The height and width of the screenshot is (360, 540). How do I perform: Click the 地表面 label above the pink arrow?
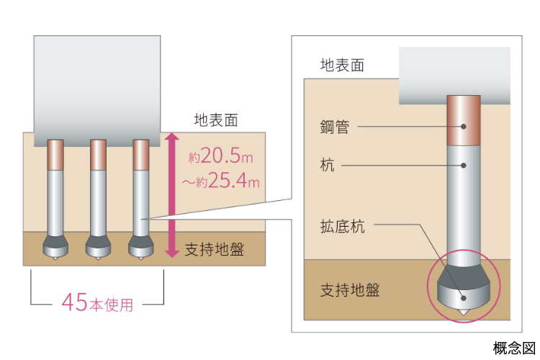tap(215, 120)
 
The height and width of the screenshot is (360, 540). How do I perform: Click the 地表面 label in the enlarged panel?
tap(342, 65)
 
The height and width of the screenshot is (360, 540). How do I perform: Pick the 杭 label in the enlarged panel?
tap(328, 166)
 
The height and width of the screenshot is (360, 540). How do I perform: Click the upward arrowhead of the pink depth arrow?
tap(171, 137)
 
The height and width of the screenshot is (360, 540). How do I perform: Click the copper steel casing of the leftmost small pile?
tap(55, 155)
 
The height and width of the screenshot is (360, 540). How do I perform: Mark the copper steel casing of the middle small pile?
tap(99, 155)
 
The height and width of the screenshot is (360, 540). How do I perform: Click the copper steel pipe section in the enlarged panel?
tap(464, 120)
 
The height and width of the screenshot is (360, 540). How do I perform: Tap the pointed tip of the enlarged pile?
tap(464, 313)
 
